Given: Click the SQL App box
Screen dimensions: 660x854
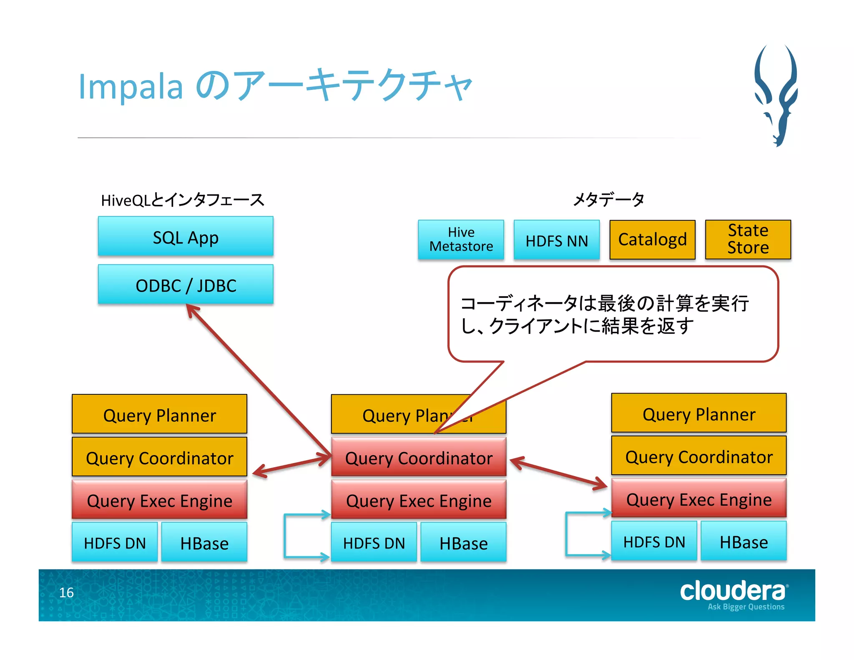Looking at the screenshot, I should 186,237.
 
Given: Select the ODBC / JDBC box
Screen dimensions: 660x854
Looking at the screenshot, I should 186,285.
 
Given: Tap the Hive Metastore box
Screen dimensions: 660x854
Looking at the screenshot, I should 461,239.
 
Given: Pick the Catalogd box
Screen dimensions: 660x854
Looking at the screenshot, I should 652,239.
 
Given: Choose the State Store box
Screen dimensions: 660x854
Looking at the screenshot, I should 748,239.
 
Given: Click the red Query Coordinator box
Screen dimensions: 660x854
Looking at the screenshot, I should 419,458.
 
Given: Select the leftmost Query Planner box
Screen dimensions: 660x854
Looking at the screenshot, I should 159,414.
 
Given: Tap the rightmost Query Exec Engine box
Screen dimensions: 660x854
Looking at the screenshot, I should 698,499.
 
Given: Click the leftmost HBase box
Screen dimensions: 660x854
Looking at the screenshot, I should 204,542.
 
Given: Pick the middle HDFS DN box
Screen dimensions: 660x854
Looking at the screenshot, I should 374,542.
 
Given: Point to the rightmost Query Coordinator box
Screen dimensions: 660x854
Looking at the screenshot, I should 698,456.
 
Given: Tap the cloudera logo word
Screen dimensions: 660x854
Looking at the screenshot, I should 733,591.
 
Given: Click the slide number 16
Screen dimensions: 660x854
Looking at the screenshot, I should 66,592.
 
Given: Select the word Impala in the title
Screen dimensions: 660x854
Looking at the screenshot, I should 131,86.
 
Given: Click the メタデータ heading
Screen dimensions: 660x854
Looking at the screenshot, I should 608,199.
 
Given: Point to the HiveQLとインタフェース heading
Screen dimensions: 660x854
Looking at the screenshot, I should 182,200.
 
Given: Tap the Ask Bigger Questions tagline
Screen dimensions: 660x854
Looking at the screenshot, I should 746,607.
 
